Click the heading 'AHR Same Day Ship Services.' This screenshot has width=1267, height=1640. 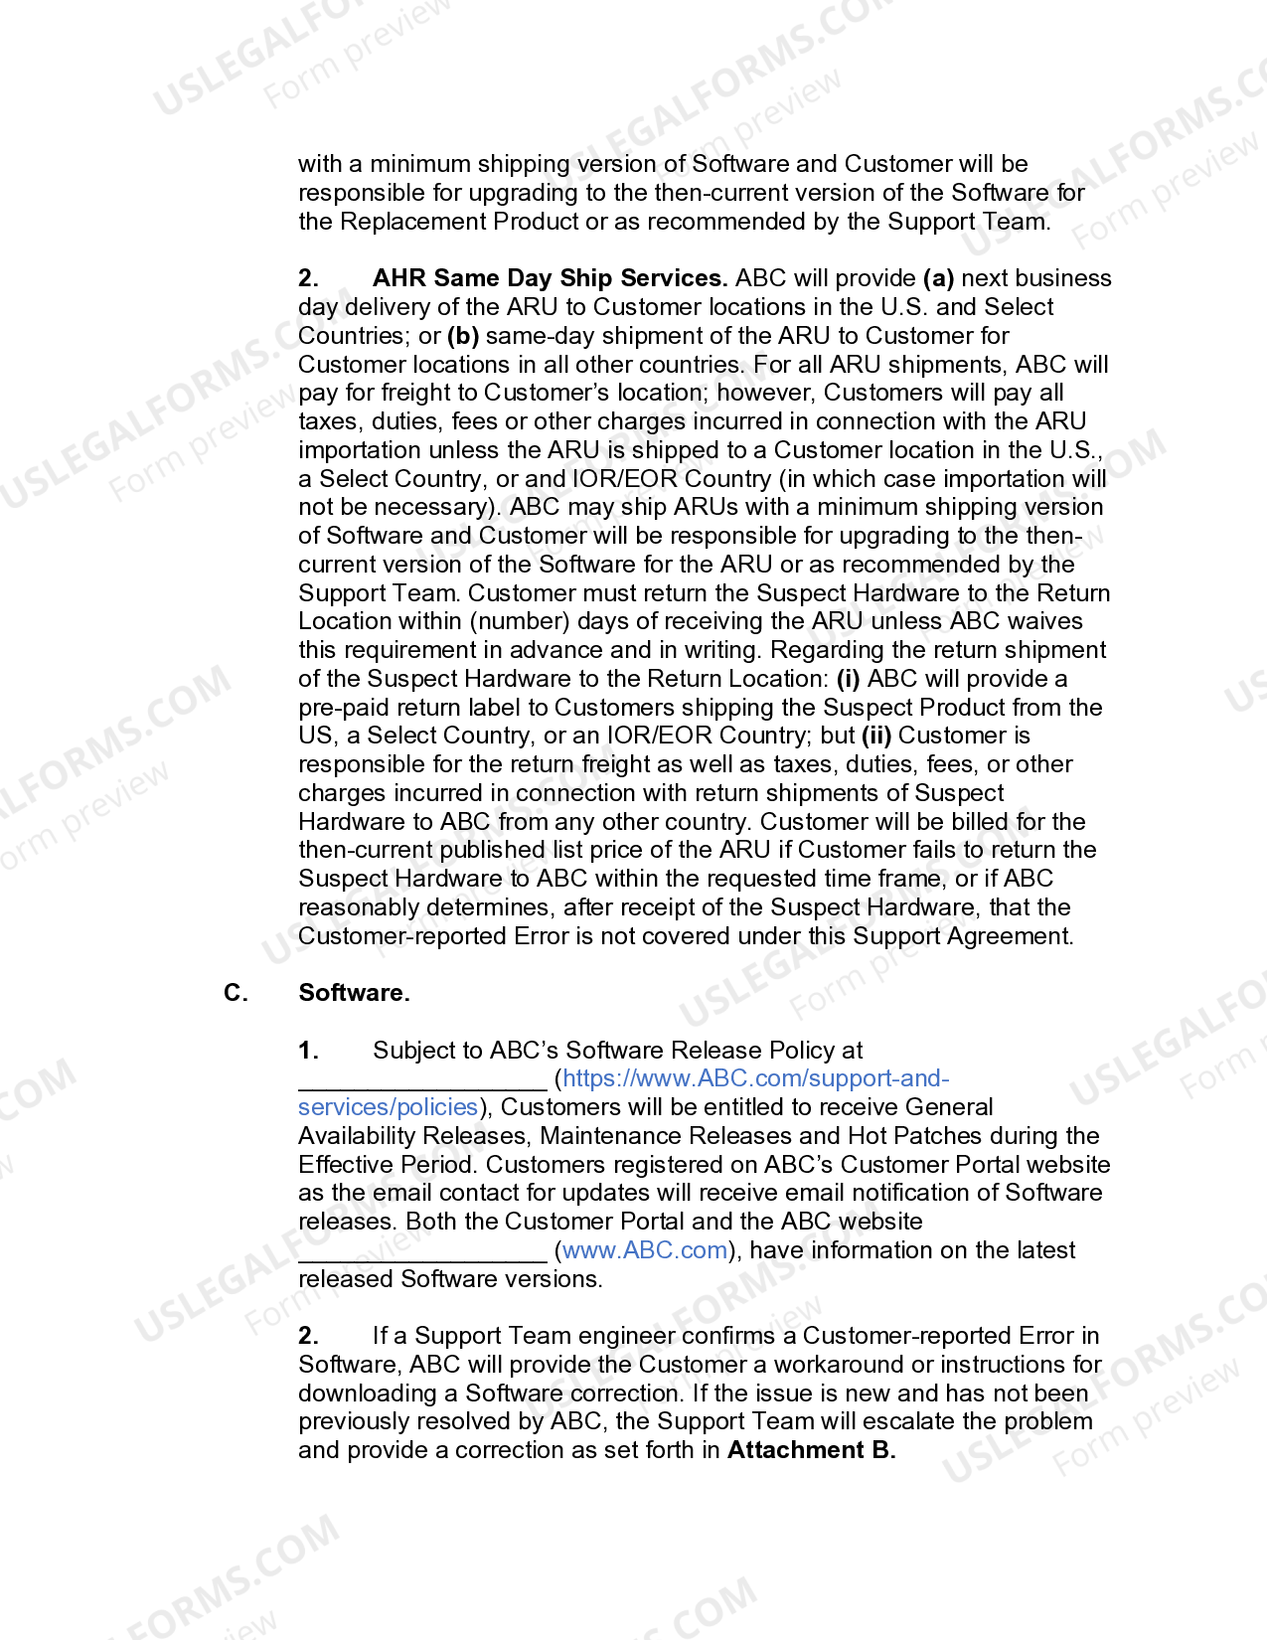550,278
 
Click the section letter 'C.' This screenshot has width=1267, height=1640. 236,993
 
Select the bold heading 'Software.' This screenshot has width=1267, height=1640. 354,993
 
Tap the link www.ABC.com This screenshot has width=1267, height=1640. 645,1250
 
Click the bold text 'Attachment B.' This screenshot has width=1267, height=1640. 811,1450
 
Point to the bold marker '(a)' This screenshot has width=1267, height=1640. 938,278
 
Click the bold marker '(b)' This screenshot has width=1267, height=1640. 463,336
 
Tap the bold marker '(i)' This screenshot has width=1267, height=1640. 847,679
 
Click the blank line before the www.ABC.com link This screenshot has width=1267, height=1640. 422,1252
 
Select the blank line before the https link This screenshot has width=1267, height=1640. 422,1081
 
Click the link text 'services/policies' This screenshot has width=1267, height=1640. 389,1107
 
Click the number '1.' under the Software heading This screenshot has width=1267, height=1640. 308,1051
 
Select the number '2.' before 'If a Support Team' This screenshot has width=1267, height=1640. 308,1336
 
